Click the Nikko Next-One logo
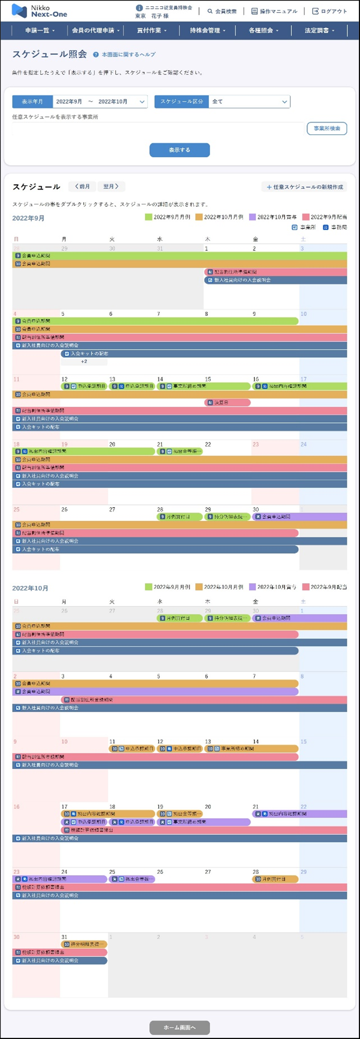39,11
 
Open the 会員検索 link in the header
222,11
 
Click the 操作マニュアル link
275,11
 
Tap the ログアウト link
330,11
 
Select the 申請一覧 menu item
40,30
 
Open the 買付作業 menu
152,30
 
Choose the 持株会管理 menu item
207,30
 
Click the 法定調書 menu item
319,30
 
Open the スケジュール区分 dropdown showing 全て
249,102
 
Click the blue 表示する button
180,150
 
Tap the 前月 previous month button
83,187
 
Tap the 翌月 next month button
111,187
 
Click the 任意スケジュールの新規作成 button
305,187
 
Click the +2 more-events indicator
84,361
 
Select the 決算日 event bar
227,403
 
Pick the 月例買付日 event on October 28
275,879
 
